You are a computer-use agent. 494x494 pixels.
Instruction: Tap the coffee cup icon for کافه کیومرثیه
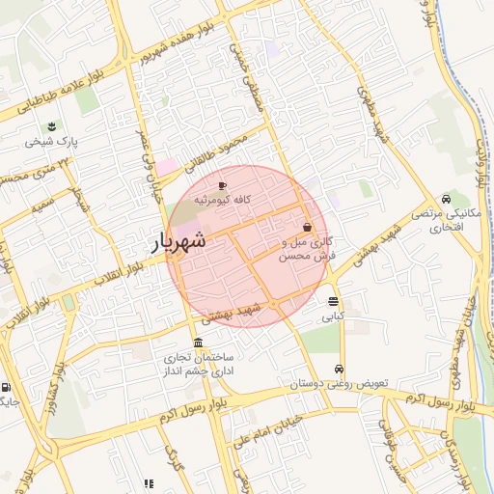point(223,184)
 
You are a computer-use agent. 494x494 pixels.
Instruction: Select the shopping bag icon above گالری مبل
point(307,227)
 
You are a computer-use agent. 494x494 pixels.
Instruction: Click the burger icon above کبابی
point(333,302)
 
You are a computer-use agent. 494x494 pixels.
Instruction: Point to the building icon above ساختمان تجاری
point(198,343)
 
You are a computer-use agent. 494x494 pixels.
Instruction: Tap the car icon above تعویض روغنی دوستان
point(339,370)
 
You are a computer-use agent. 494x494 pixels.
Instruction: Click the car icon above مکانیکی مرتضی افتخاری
point(445,198)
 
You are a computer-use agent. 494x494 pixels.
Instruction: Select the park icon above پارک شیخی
point(52,126)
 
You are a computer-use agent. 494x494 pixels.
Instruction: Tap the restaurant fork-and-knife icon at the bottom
point(149,483)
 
